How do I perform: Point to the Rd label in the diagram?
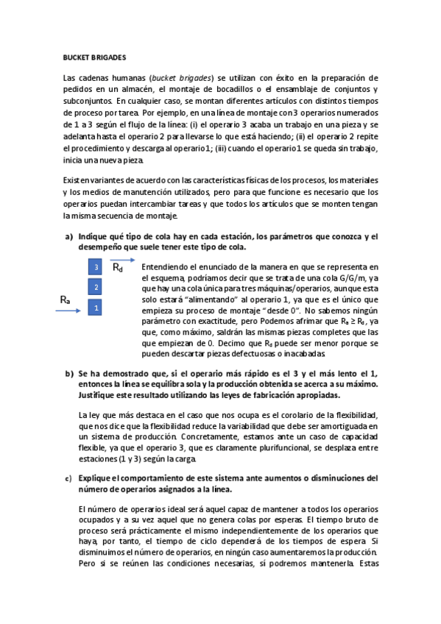coord(118,268)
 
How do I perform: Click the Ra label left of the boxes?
coord(65,300)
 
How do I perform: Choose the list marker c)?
coord(68,479)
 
